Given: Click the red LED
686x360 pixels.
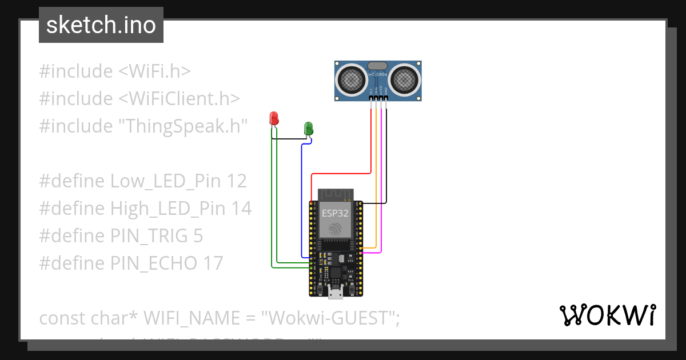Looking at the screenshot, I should click(274, 118).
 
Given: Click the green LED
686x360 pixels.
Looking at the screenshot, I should click(308, 127).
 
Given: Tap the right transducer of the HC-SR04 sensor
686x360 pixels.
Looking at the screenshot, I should click(405, 79).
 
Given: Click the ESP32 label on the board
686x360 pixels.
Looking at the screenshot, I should click(334, 213).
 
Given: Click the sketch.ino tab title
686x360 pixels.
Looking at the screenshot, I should click(101, 25).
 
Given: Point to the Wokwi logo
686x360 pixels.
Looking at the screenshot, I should click(607, 315).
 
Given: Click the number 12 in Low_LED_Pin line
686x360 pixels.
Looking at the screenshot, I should click(236, 181).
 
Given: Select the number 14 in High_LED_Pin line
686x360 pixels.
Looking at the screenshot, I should click(240, 209).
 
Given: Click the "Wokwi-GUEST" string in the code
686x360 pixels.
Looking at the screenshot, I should click(330, 318).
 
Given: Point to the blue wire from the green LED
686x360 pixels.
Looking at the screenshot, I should click(301, 200).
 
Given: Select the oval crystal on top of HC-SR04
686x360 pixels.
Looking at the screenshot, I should click(377, 66).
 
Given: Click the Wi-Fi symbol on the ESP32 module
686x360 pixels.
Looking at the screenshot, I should click(335, 229).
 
